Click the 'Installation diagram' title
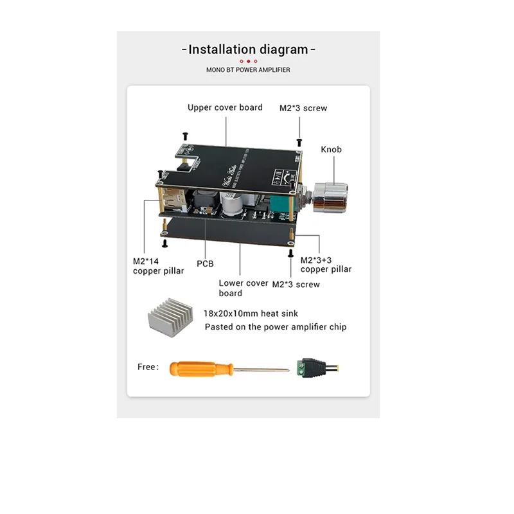[249, 49]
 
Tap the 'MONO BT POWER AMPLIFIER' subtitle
[248, 69]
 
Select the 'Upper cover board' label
[225, 107]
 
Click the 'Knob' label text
[331, 150]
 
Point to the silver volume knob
[332, 195]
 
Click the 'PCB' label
[205, 263]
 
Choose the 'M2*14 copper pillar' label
[158, 266]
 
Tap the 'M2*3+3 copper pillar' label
[326, 264]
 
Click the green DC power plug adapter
[318, 369]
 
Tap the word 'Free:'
[148, 367]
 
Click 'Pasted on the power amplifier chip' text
[275, 327]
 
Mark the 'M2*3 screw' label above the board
[303, 108]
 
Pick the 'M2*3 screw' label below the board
[296, 284]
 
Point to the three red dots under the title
[249, 61]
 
